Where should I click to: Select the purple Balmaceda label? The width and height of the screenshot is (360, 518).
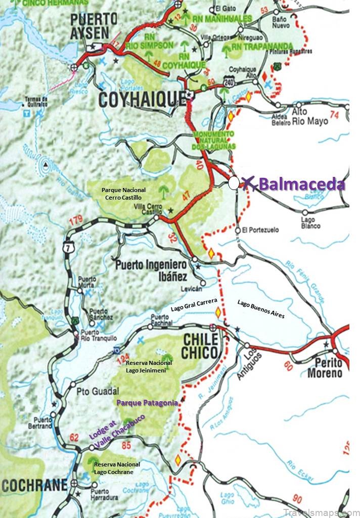[302, 184]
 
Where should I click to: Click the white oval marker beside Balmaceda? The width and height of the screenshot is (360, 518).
[234, 183]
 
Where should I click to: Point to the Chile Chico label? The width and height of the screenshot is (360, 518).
[201, 345]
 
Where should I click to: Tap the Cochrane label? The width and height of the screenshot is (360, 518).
[34, 486]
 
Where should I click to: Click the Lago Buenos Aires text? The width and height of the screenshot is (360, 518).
[261, 308]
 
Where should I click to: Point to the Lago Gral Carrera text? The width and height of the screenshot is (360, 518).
[194, 305]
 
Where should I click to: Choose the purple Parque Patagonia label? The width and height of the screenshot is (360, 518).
[147, 403]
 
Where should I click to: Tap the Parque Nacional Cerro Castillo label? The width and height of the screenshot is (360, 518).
[123, 194]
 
